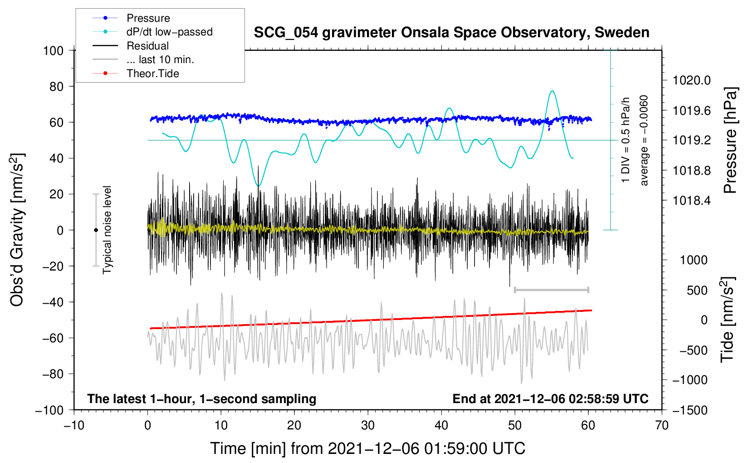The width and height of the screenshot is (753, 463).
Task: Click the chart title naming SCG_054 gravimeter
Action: (451, 33)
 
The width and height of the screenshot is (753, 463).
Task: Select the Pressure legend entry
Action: (148, 18)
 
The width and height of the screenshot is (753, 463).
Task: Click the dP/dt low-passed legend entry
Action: (169, 32)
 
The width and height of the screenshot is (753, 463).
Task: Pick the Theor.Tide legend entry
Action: (153, 74)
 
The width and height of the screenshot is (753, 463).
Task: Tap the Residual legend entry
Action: (147, 46)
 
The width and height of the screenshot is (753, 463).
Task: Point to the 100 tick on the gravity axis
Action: (53, 50)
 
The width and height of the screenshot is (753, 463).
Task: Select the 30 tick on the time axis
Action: (368, 425)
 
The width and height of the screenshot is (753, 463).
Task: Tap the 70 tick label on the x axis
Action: (662, 425)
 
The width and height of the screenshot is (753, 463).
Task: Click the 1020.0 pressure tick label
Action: (691, 80)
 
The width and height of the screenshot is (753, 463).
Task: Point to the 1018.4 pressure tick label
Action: (691, 200)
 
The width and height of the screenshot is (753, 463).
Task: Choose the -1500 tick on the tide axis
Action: (690, 410)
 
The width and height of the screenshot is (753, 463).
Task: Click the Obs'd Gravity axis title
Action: (17, 230)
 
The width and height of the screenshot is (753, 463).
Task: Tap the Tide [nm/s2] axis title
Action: (727, 320)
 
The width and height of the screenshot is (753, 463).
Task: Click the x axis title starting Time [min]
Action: (368, 448)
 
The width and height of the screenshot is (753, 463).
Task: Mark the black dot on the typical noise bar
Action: (96, 230)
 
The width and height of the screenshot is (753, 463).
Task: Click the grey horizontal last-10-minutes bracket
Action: (551, 290)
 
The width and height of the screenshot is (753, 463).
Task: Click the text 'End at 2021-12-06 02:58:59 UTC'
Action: (550, 399)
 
